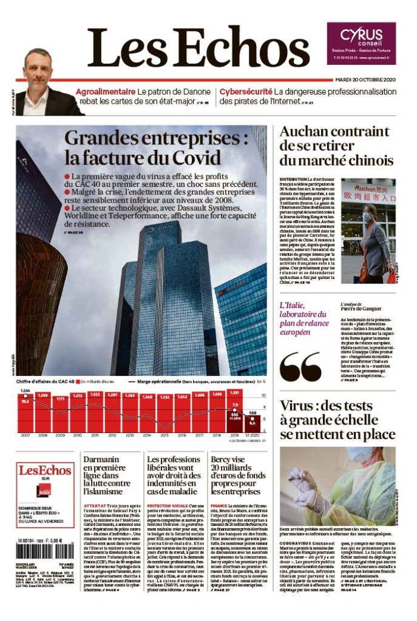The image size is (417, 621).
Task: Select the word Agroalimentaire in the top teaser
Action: pos(105,92)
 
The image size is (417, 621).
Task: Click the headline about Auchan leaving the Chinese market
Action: pos(336,146)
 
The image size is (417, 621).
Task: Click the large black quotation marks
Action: pos(300,366)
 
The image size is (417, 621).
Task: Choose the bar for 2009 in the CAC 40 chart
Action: pos(60,412)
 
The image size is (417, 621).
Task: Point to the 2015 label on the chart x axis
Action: pos(164,435)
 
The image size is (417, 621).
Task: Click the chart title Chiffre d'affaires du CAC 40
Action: pos(46,381)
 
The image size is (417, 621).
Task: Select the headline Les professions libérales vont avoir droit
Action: pos(173,475)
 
